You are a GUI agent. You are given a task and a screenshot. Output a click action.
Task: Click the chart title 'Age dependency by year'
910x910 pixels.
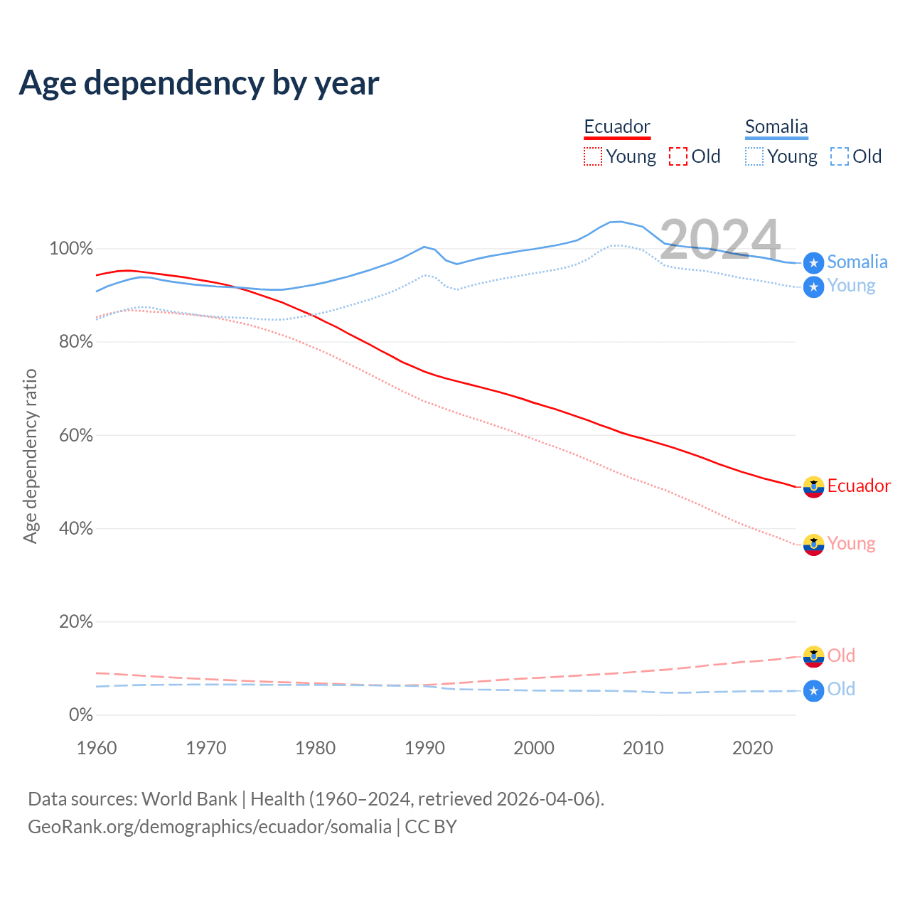click(x=199, y=83)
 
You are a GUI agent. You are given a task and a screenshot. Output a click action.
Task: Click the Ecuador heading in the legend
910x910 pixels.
click(x=617, y=127)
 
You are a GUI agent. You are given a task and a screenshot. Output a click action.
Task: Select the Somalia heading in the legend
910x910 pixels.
click(x=776, y=127)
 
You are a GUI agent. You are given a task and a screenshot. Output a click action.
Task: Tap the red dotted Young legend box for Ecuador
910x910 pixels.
click(x=593, y=156)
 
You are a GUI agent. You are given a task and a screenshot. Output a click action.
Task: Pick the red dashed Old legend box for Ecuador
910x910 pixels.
click(x=678, y=156)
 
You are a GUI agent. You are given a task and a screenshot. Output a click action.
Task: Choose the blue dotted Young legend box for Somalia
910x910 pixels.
click(x=754, y=156)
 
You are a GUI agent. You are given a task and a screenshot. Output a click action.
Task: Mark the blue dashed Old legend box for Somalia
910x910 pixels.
click(x=840, y=156)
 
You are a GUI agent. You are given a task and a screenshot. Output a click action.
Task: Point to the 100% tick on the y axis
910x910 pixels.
click(x=71, y=249)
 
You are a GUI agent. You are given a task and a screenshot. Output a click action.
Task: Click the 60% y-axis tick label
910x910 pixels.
click(x=75, y=436)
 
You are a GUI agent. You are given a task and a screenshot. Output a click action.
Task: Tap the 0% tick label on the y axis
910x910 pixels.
click(x=80, y=715)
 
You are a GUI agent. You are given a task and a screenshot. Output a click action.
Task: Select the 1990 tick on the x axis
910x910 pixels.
click(x=424, y=748)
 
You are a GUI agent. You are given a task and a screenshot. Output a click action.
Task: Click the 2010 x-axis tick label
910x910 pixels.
click(x=643, y=748)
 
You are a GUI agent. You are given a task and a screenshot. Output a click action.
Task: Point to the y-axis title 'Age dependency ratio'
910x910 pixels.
click(x=30, y=456)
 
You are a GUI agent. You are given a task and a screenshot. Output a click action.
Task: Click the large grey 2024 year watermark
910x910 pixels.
click(x=719, y=240)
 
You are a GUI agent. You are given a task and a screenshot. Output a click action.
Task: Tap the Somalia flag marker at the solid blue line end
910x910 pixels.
click(x=813, y=263)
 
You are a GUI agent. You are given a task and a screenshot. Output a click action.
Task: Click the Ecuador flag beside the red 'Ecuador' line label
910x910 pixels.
click(x=813, y=487)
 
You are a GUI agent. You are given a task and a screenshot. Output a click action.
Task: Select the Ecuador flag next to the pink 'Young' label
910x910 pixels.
click(x=813, y=545)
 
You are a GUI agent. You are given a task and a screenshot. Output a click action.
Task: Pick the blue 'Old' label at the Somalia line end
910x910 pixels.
click(x=841, y=690)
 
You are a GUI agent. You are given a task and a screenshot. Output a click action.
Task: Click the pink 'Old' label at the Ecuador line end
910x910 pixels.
click(x=841, y=655)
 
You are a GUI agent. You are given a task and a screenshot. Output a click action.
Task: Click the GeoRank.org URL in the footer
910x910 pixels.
click(x=210, y=827)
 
